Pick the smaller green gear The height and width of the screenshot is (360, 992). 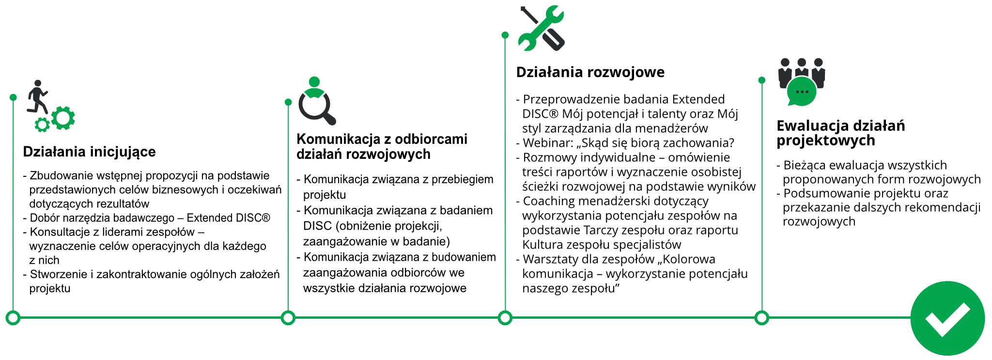[x=43, y=125]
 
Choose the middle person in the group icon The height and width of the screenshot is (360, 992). [x=802, y=68]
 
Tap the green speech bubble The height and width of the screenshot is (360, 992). [x=802, y=92]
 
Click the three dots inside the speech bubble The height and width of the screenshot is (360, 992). [x=802, y=91]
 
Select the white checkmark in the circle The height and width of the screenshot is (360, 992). [x=947, y=319]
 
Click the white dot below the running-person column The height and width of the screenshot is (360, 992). [x=13, y=318]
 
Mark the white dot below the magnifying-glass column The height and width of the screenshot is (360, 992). [x=288, y=318]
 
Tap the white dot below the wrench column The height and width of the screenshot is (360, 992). [x=505, y=318]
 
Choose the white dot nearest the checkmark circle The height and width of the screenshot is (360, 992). [x=762, y=318]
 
